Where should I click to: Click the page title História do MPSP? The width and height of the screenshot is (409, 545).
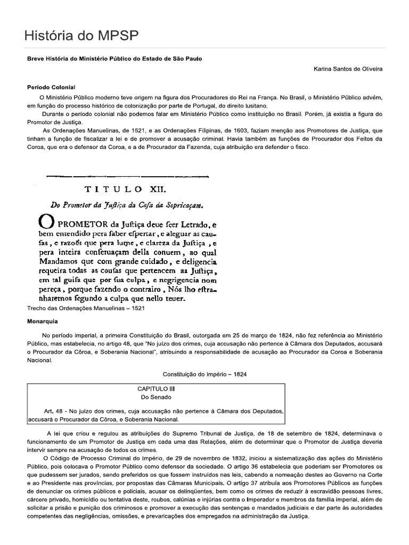pos(81,36)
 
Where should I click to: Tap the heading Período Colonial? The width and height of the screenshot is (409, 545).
pos(51,86)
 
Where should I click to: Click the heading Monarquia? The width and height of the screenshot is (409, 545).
pos(42,321)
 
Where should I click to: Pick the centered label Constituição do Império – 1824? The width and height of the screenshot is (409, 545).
pos(204,374)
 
